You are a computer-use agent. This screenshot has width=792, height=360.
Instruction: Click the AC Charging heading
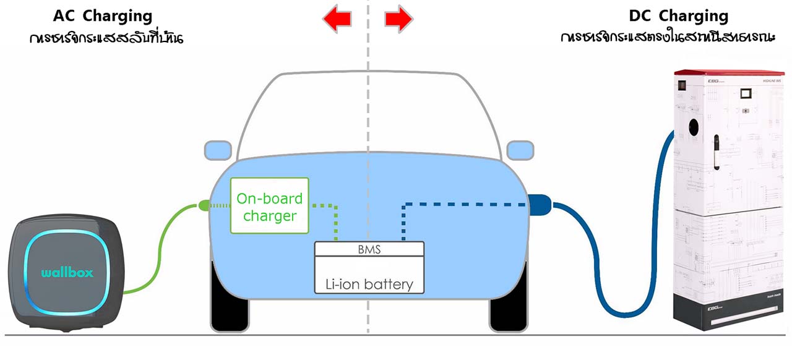pos(103,15)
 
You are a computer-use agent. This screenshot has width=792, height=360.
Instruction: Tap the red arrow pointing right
pos(398,19)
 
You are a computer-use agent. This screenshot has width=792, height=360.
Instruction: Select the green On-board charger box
pos(269,207)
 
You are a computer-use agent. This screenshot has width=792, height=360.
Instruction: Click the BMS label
pos(369,250)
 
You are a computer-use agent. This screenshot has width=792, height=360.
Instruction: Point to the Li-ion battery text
pos(369,284)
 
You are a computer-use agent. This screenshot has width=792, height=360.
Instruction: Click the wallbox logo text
pos(67,273)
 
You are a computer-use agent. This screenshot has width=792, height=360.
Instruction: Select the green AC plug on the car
pos(204,205)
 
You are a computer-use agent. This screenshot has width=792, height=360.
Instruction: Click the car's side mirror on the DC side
pos(520,149)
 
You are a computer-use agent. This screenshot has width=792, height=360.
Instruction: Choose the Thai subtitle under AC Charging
pos(106,38)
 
